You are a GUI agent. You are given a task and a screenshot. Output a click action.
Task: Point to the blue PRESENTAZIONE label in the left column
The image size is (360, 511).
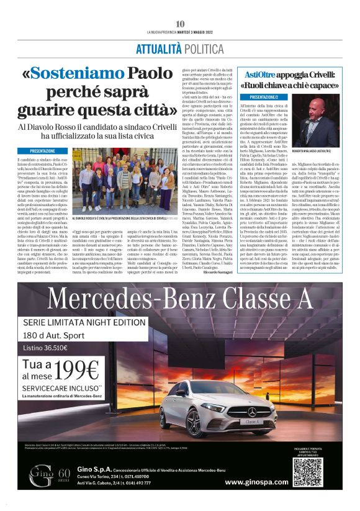45,151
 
